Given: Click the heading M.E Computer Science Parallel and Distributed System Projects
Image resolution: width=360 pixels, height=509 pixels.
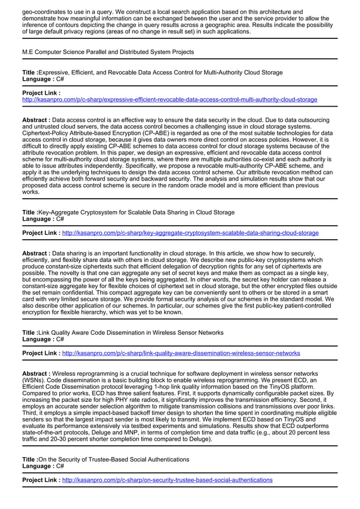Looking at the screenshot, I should [x=108, y=52].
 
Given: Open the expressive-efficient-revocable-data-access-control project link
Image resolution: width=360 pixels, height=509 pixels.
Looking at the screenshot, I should [x=169, y=100].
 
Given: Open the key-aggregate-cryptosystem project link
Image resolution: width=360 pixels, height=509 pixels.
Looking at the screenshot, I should [x=190, y=232].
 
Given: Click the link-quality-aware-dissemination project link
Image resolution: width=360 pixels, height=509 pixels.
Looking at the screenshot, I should [x=181, y=353].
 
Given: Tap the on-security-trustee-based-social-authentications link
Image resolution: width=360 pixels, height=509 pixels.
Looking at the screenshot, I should [x=167, y=480].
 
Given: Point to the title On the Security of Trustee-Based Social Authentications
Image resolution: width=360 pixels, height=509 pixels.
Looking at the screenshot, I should [x=113, y=460].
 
